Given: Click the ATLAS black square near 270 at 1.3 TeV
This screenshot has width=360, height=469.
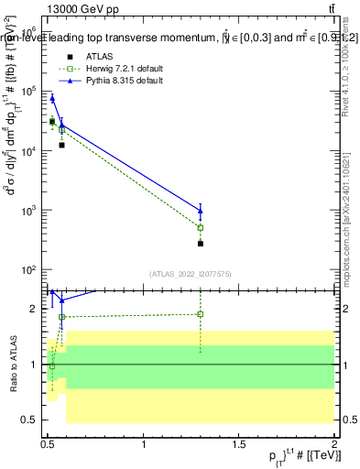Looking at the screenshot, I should pyautogui.click(x=201, y=244).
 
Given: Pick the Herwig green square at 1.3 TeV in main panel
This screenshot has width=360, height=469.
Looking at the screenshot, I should pyautogui.click(x=201, y=227).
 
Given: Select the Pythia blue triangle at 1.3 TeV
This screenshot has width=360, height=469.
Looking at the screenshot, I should pyautogui.click(x=201, y=211).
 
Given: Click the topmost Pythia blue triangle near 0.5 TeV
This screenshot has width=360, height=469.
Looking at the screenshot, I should pyautogui.click(x=52, y=98).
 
